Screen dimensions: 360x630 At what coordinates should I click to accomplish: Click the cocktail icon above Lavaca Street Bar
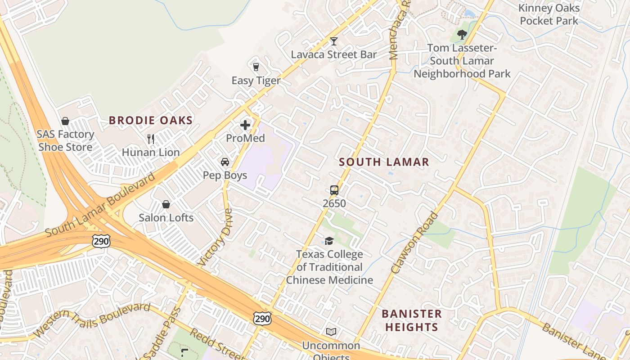(x=333, y=41)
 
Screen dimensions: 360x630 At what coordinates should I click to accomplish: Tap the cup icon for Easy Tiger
(x=256, y=67)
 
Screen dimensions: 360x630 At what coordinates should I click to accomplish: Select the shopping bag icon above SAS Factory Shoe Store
(x=65, y=121)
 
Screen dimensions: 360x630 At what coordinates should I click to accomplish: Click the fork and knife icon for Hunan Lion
(x=151, y=139)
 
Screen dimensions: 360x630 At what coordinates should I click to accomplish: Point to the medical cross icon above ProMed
(x=245, y=125)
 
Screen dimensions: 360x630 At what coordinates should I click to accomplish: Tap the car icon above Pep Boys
(x=225, y=162)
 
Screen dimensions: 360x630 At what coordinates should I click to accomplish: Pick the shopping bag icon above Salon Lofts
(x=166, y=204)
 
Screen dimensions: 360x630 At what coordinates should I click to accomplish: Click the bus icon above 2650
(x=334, y=190)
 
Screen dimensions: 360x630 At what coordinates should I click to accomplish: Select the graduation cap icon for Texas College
(x=329, y=241)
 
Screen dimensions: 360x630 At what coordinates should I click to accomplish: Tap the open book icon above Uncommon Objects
(x=331, y=332)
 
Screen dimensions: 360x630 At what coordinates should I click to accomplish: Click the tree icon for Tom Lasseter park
(x=462, y=35)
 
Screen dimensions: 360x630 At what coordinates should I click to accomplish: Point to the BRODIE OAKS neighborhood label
(x=151, y=121)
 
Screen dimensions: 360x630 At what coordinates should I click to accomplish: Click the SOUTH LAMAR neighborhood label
(x=384, y=162)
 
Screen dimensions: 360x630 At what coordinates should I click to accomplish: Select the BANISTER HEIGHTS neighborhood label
(x=412, y=320)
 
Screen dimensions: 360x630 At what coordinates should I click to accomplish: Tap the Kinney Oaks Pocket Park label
(x=549, y=14)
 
